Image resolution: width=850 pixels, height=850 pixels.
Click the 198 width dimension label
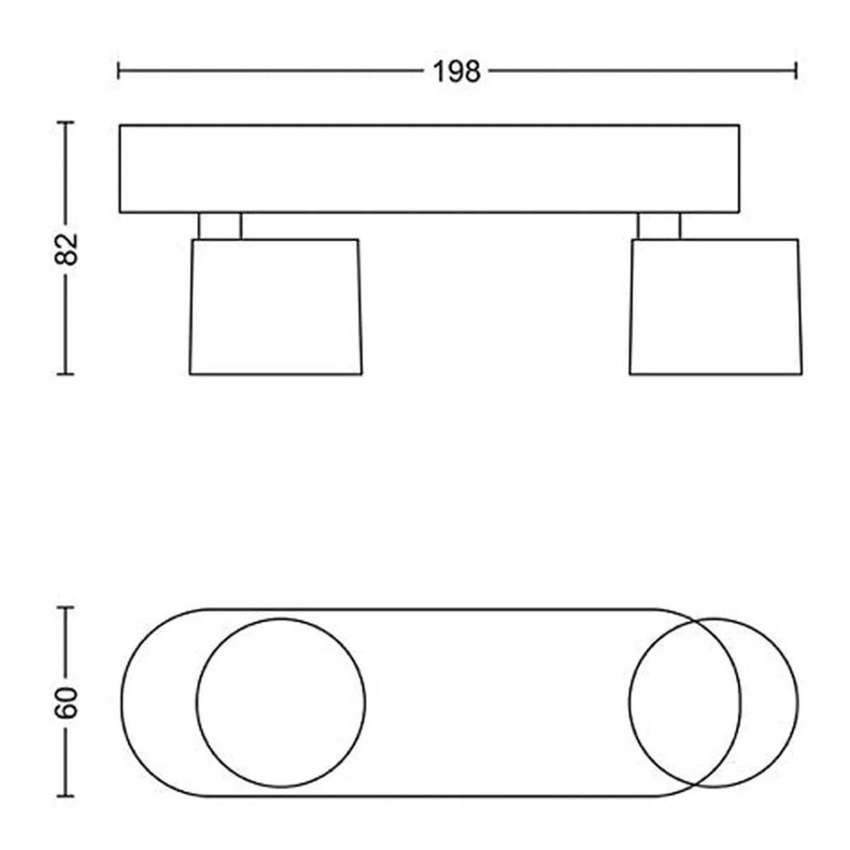pos(457,72)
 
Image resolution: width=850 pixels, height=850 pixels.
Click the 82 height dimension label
pos(66,249)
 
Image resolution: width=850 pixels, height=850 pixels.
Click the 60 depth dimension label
pos(66,703)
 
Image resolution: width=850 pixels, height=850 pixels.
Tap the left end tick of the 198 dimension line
pos(118,71)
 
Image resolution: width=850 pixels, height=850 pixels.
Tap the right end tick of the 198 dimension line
pos(795,71)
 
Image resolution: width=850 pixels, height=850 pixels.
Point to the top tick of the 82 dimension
pos(66,122)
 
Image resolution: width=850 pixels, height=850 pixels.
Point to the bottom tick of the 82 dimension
pos(66,374)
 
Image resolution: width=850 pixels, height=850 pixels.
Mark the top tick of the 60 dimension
pos(66,608)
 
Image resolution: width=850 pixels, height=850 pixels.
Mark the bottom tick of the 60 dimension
pos(66,796)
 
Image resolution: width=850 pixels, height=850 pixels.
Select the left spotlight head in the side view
pos(276,307)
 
